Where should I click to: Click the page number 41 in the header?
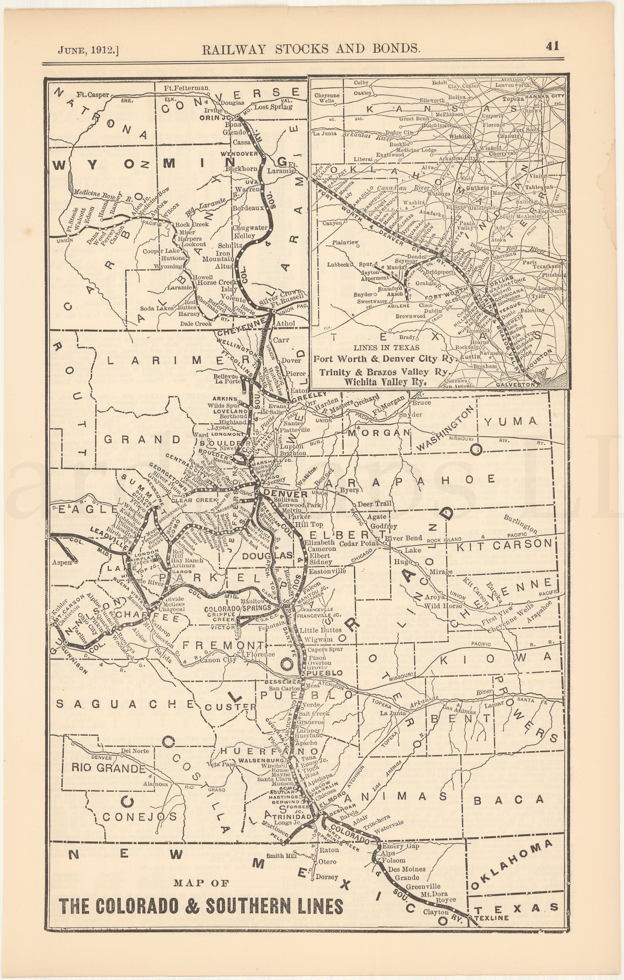552,46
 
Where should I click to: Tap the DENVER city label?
280,494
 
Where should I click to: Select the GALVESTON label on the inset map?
516,384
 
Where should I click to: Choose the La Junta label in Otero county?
392,713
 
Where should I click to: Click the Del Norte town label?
135,750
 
